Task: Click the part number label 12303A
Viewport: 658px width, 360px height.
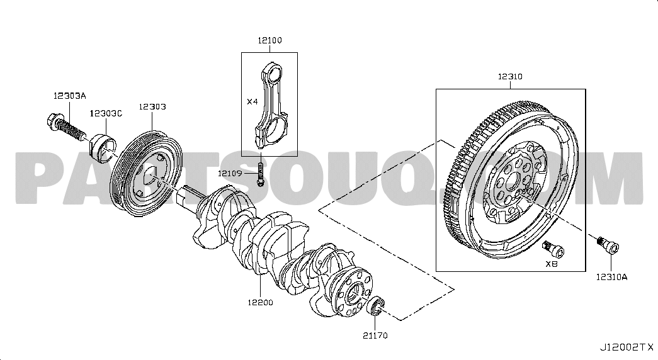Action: (x=69, y=96)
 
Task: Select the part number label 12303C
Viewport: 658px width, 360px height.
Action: (x=106, y=113)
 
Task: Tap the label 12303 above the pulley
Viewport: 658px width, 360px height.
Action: (x=152, y=106)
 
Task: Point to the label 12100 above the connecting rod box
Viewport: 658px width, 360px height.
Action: (x=269, y=40)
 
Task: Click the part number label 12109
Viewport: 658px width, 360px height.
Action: (x=230, y=173)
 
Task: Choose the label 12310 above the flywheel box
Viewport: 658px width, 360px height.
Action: (x=510, y=76)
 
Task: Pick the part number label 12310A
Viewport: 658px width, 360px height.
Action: (x=611, y=277)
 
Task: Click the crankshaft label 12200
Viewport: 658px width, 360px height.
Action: (x=260, y=302)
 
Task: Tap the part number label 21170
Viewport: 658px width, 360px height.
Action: (x=375, y=335)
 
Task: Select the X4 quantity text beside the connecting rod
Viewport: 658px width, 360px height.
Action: (x=252, y=101)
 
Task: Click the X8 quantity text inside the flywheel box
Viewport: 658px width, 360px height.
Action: (x=552, y=264)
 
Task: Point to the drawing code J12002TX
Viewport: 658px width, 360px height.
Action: (x=626, y=347)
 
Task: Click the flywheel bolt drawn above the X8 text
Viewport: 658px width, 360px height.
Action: (x=553, y=249)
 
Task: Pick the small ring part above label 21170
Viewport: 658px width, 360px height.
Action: (x=375, y=305)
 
